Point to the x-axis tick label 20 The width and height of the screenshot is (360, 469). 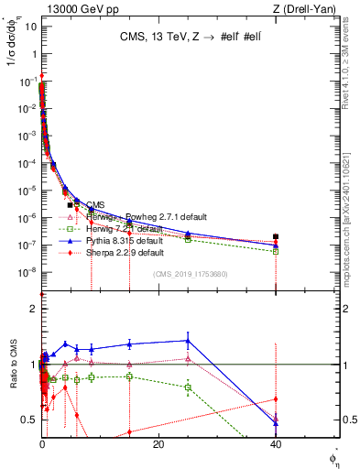tap(158, 444)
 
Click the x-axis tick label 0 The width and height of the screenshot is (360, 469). tap(42, 444)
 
